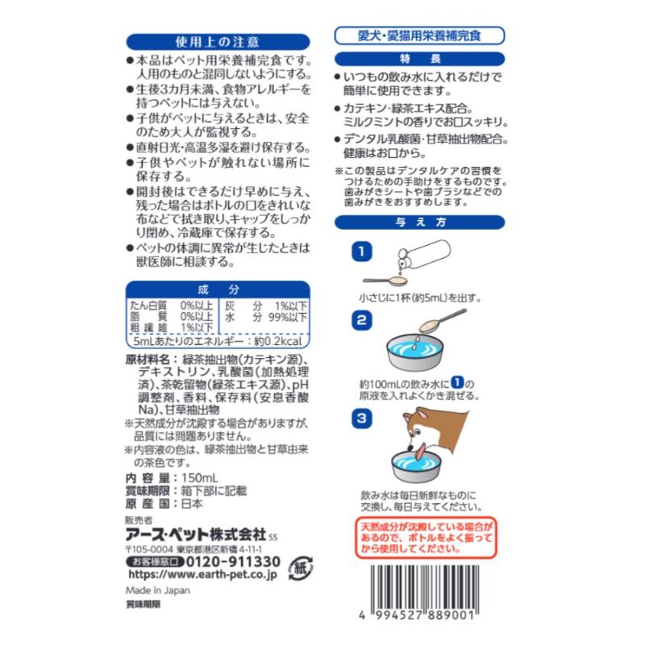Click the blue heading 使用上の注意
tap(218, 42)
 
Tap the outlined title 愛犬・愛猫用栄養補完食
tap(419, 35)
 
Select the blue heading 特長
tap(419, 59)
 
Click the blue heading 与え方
tap(419, 223)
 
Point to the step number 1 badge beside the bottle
tap(361, 252)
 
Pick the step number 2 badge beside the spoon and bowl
tap(361, 320)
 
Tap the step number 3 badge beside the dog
tap(361, 418)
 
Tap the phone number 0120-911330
tap(233, 561)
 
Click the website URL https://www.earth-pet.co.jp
tap(203, 575)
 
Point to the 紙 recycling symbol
tap(301, 568)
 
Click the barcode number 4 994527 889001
tap(417, 615)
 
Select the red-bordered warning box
tap(427, 538)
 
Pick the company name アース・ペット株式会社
tap(196, 535)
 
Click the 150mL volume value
tap(199, 478)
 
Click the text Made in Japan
tap(158, 590)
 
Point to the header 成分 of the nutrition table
tap(218, 289)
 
